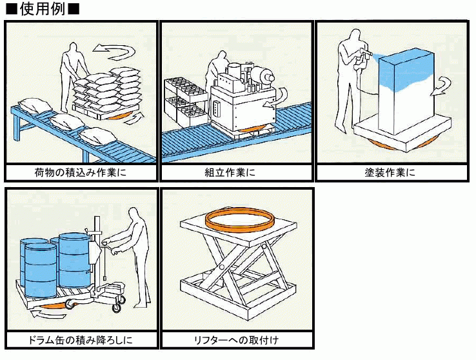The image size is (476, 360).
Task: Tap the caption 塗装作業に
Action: (390, 172)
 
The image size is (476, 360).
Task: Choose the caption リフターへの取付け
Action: (236, 339)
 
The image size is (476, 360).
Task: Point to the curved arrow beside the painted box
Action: (443, 83)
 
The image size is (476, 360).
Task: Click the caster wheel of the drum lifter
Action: (117, 308)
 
